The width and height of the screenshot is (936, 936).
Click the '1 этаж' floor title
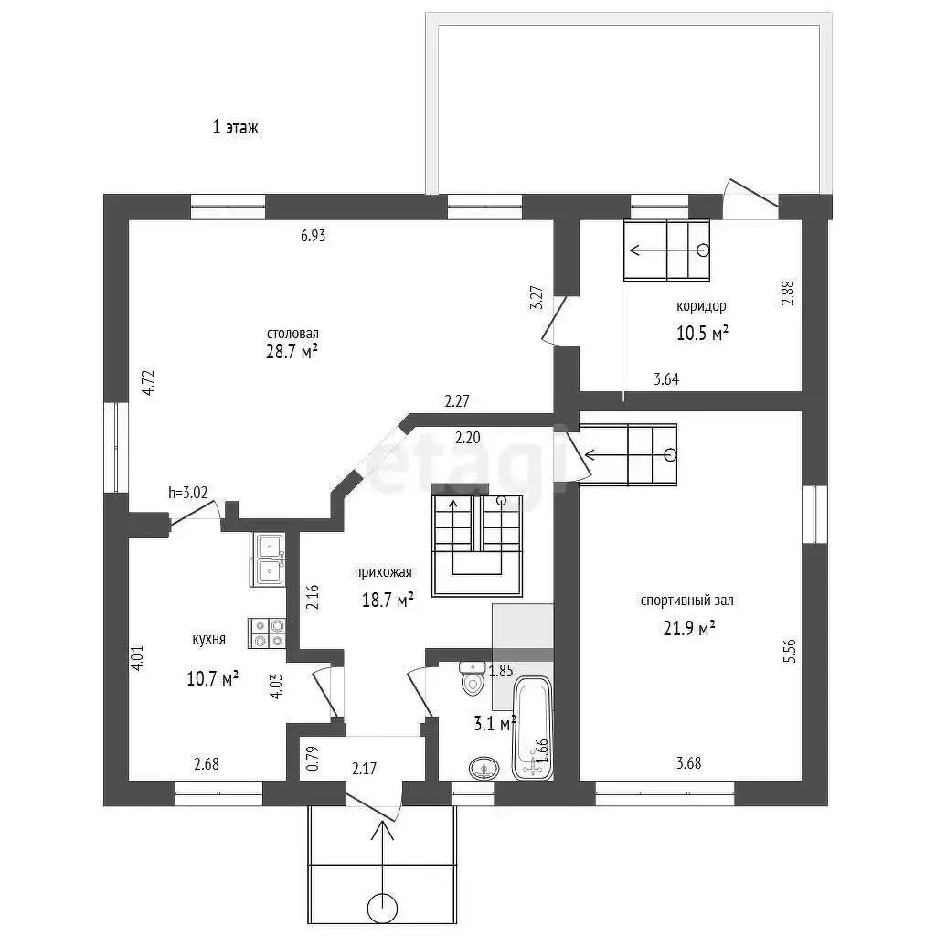coord(235,127)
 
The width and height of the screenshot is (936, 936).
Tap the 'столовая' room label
coord(292,333)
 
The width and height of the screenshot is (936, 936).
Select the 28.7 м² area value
coord(292,352)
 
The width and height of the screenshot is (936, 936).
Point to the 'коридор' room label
coord(701,306)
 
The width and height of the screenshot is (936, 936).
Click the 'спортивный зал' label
coord(687,601)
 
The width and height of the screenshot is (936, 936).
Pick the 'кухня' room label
coord(209,639)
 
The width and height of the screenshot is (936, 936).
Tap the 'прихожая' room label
coord(383,572)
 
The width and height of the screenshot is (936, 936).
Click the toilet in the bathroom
coord(473,679)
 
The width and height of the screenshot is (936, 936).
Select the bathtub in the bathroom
coord(533,728)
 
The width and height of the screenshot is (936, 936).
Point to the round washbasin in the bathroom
coord(484,768)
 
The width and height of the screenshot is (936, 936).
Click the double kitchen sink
coord(268,560)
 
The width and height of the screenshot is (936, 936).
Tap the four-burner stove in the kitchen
coord(267,633)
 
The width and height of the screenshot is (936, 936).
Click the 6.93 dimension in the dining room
coord(313,236)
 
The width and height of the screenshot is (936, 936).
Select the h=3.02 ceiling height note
coord(188,493)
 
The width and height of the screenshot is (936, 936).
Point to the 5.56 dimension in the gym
coord(789,651)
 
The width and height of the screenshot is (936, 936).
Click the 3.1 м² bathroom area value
coord(495,724)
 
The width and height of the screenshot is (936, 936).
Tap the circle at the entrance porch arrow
coord(382,909)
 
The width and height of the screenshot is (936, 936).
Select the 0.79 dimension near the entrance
coord(314,758)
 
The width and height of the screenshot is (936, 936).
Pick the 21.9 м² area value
coord(689,629)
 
